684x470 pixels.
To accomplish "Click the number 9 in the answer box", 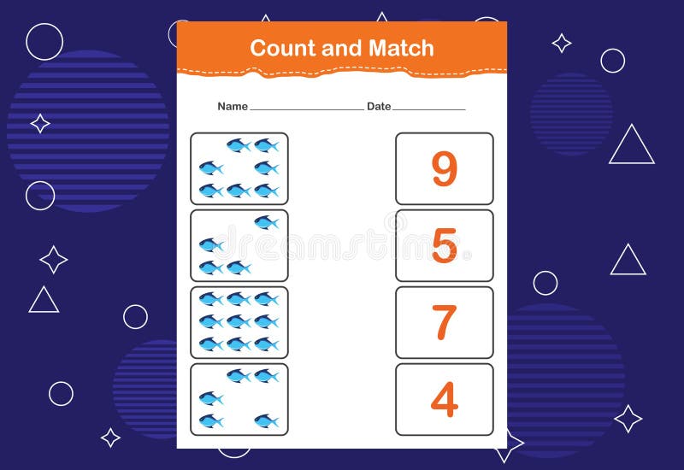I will coord(444,168).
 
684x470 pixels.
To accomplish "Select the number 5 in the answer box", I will coord(444,246).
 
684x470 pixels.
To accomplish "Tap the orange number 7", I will coord(444,322).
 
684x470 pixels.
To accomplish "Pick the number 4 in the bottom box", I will coord(444,399).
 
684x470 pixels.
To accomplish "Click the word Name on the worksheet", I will coord(232,107).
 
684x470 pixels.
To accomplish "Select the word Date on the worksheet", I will coord(379,107).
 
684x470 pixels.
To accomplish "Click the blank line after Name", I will coord(306,109).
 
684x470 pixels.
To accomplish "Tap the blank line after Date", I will coord(428,109).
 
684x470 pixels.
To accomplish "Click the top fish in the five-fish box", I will coord(266,223).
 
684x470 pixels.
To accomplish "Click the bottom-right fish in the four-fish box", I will coord(266,420).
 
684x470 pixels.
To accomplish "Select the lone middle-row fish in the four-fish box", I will coord(211,398).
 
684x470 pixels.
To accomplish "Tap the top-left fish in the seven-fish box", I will coord(239,145).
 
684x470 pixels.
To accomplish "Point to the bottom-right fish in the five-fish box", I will coord(239,268).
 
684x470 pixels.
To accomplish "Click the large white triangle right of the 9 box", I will coord(632,146).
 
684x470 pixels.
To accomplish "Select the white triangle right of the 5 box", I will coord(628,261).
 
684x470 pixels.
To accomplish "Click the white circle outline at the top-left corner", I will coord(44,41).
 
